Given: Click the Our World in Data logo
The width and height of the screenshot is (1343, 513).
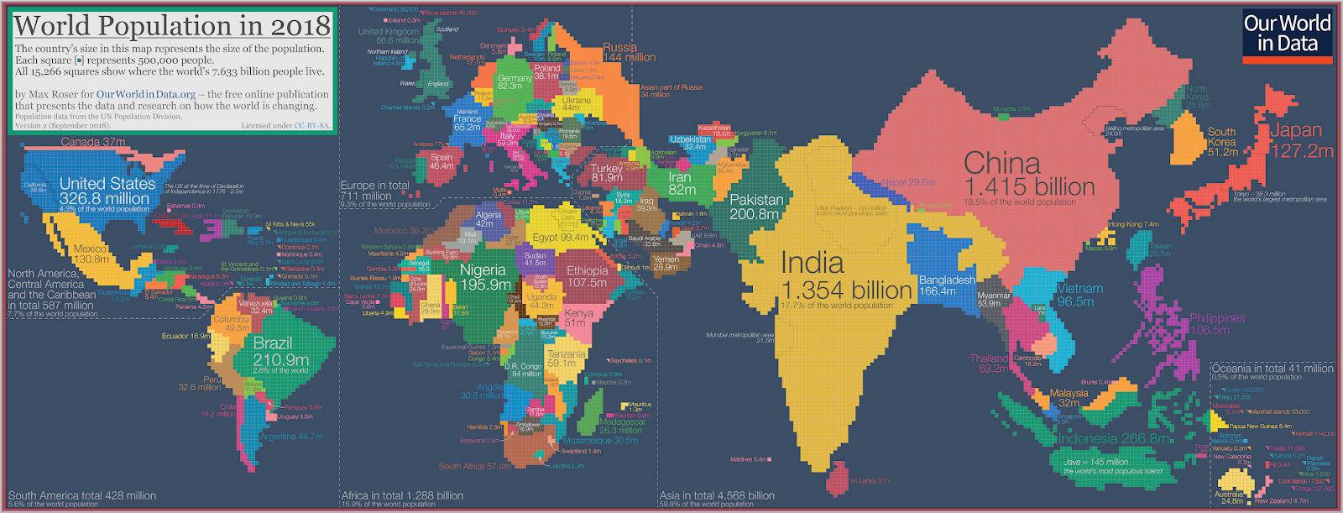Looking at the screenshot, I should click(1287, 36).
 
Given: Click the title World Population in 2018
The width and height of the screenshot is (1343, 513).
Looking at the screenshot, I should click(172, 25).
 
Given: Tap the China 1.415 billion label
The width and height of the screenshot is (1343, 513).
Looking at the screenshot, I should click(1028, 175).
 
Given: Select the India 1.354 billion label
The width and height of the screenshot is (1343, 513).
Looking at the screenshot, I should click(845, 276).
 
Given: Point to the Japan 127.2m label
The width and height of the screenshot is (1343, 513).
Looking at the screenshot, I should click(1301, 140).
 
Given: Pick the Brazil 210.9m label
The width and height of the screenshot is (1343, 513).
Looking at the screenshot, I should click(280, 352).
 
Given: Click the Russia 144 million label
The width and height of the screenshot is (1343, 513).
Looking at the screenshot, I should click(629, 52).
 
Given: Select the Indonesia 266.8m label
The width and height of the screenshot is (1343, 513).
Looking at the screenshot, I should click(1115, 438).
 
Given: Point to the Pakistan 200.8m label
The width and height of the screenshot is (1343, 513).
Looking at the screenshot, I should click(756, 207).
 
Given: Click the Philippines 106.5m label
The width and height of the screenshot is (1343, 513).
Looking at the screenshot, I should click(1216, 324).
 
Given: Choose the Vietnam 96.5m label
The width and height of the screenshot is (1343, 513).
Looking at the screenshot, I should click(1079, 295).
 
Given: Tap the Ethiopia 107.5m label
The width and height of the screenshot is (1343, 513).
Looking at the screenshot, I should click(587, 276).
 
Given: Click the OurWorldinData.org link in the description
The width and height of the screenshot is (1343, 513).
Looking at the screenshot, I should click(145, 95).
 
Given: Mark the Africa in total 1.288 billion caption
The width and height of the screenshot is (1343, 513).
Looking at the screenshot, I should click(402, 495).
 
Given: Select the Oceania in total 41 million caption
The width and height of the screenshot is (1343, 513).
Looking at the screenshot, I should click(1272, 369).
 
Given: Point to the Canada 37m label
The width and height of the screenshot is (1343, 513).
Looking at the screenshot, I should click(92, 142).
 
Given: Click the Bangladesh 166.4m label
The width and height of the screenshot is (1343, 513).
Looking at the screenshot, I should click(947, 285).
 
